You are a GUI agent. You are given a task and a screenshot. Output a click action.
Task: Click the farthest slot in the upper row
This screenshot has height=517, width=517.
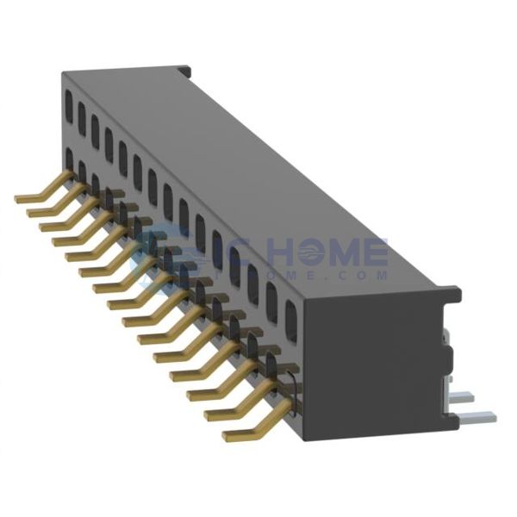pos(68,104)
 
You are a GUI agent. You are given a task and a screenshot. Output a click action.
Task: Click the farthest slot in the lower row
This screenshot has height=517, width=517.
pos(68,159)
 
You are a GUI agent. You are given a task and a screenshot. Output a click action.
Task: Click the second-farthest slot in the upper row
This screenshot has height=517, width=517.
pos(81,114)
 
